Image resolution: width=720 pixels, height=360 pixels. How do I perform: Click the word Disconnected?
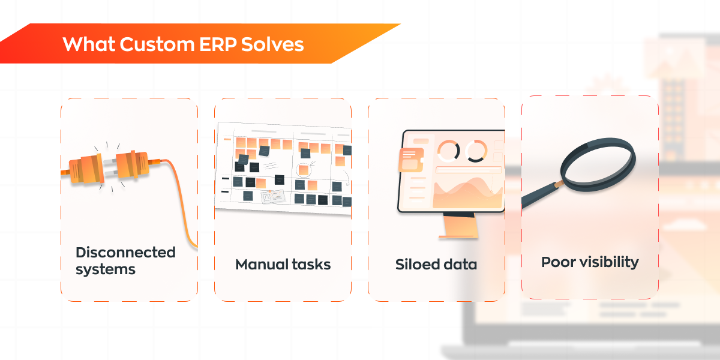point(125,252)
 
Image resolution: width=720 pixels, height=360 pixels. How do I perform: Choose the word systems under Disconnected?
point(106,269)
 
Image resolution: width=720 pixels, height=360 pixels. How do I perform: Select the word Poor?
point(556,262)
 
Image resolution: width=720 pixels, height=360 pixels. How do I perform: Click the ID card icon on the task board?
point(272,197)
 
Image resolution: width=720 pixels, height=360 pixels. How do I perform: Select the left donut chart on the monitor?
point(448,151)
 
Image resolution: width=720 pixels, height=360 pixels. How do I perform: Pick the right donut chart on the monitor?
point(476,151)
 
